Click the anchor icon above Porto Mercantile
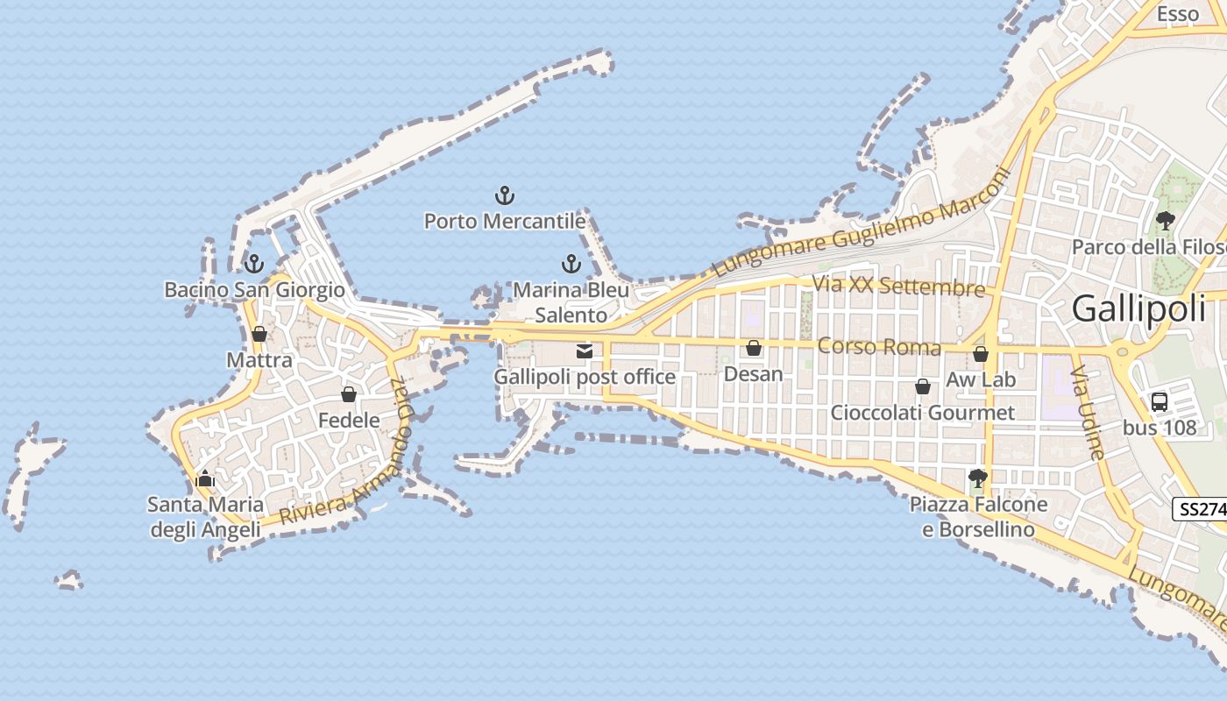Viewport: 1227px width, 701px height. point(504,195)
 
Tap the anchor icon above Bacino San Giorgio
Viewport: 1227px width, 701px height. point(254,263)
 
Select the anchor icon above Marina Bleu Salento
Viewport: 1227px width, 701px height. point(571,264)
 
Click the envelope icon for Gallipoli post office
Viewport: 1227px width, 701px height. point(584,351)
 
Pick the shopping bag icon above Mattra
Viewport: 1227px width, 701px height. point(259,334)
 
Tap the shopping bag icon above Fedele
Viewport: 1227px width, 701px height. point(349,394)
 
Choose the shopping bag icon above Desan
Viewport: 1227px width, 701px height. point(753,349)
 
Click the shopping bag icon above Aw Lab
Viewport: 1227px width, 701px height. point(981,354)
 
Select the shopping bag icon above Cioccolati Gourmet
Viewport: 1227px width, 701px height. point(922,386)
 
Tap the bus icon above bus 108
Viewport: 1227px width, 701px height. point(1159,402)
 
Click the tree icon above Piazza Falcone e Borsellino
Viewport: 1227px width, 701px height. point(978,478)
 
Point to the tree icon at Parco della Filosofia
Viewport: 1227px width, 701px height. point(1165,221)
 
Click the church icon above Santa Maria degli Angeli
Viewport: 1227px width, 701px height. point(205,478)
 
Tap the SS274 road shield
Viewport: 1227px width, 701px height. point(1199,509)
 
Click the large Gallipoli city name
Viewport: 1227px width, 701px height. point(1138,308)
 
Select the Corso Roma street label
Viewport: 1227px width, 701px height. point(879,347)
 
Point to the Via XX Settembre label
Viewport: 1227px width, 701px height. point(898,287)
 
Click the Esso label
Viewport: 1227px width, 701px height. point(1177,14)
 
